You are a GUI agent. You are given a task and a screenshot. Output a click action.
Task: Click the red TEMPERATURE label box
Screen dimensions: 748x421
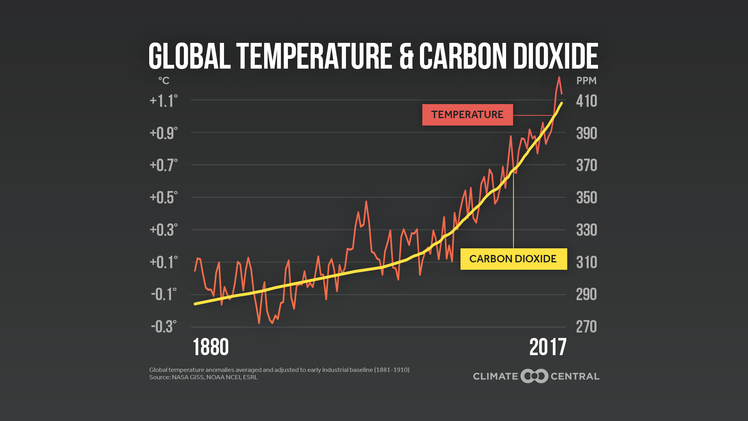click(x=467, y=115)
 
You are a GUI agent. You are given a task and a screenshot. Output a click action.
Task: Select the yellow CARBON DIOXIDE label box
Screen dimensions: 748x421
click(x=513, y=259)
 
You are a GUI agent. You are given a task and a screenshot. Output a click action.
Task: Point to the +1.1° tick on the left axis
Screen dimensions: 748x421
click(x=164, y=101)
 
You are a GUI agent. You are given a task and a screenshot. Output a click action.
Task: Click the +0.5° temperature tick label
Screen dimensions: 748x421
click(x=164, y=198)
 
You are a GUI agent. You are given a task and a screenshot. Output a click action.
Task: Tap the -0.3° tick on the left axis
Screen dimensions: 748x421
click(x=164, y=327)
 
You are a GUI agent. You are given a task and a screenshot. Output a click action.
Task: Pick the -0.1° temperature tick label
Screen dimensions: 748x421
click(x=164, y=294)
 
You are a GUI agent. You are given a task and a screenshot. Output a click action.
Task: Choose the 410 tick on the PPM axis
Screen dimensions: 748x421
click(x=586, y=101)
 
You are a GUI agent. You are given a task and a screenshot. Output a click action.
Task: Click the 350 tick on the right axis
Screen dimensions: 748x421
click(x=586, y=198)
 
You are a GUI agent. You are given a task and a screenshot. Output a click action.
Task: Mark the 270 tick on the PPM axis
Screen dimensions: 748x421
click(x=586, y=327)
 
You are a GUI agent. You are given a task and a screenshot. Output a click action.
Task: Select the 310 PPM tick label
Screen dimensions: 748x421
click(x=586, y=262)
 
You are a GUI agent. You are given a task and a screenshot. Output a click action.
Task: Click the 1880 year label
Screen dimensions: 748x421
click(x=211, y=347)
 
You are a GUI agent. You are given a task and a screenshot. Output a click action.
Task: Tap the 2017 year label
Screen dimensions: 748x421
click(x=548, y=347)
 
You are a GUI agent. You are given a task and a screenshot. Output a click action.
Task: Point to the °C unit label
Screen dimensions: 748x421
click(x=164, y=81)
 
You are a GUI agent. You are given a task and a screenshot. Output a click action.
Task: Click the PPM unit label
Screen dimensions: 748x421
click(x=586, y=81)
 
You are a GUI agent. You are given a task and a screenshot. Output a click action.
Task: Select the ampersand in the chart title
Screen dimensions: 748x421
click(x=406, y=56)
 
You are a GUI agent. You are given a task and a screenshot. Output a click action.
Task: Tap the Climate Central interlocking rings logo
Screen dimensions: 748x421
click(x=535, y=376)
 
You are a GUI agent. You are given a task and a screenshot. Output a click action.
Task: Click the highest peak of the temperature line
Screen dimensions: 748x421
click(x=559, y=78)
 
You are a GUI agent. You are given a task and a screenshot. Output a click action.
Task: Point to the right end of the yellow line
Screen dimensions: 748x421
click(x=562, y=103)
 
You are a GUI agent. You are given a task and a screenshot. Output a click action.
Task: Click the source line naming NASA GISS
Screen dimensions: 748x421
click(x=203, y=377)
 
